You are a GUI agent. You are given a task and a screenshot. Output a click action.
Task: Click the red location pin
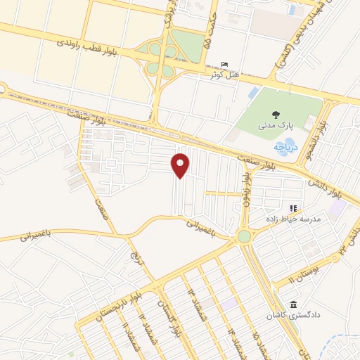[x=181, y=165]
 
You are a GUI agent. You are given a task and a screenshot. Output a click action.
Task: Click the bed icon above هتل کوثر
[x=224, y=64]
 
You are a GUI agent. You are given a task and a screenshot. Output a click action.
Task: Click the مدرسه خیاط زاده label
[x=292, y=219]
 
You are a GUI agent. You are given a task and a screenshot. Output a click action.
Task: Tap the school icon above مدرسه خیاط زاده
[x=293, y=209]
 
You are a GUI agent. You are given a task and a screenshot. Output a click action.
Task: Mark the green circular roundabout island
[x=244, y=237]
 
